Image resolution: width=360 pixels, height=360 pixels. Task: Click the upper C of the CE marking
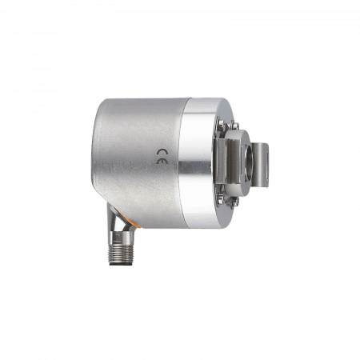point(162,152)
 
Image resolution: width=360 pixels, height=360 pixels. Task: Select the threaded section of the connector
point(120,252)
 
